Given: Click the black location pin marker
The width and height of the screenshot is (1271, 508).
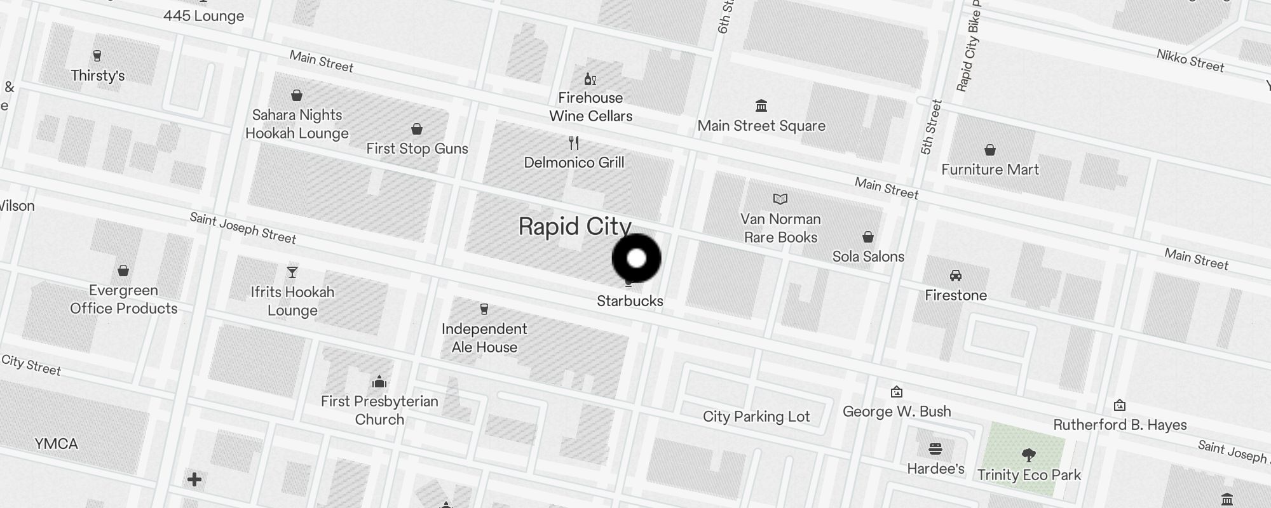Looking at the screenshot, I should pos(636,258).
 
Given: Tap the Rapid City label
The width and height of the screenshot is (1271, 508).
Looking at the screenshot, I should pos(574,227).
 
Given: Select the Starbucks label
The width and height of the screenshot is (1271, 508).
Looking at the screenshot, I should pos(630,301).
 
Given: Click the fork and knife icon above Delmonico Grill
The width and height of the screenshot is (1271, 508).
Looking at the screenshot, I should pos(574,142).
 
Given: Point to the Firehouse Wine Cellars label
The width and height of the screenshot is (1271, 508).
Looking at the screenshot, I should pos(590,107).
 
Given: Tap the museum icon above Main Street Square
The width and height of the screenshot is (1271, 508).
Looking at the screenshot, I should pos(761,105).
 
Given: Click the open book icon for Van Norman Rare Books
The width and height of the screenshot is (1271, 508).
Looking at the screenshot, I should pos(780,199).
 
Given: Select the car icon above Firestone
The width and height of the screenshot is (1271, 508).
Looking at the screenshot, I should pos(956,276).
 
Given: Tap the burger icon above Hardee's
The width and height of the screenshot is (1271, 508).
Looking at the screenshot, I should pos(935,449).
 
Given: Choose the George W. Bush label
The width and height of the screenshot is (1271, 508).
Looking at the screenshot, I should pos(897,411).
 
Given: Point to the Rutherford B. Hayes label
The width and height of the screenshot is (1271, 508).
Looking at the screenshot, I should pos(1120,425).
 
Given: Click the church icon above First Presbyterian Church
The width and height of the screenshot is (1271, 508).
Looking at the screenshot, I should pos(379,382).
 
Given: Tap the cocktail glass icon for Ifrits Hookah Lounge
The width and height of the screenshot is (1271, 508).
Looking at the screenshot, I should pos(292,272).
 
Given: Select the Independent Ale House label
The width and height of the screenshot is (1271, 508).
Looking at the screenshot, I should pos(484,338).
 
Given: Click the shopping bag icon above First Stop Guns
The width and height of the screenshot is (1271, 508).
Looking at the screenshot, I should pos(417,130).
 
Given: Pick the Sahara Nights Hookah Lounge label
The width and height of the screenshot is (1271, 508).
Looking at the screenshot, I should pos(297,124).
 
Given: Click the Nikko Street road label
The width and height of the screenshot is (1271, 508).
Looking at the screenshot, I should pos(1190,61).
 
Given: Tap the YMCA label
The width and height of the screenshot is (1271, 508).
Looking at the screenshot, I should pos(57,443).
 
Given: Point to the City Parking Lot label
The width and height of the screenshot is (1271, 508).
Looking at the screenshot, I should pos(756,417).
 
